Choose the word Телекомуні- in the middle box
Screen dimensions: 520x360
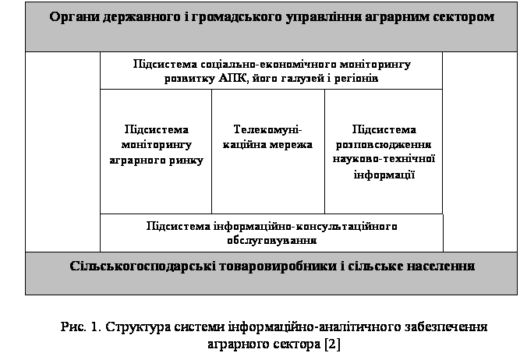(267, 129)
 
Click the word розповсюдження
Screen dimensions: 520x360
(384, 145)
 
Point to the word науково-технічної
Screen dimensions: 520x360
(384, 159)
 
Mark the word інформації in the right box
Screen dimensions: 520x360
(384, 175)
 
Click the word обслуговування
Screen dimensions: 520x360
(272, 240)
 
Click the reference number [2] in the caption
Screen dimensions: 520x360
(333, 344)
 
